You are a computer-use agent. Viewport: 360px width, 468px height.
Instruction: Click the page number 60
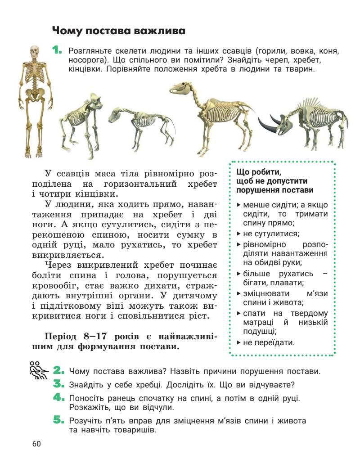point(36,444)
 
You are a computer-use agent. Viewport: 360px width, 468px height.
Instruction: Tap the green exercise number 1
point(57,50)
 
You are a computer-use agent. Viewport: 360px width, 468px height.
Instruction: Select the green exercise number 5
point(59,421)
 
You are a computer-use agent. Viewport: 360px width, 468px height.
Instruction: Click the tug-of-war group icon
point(38,370)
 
